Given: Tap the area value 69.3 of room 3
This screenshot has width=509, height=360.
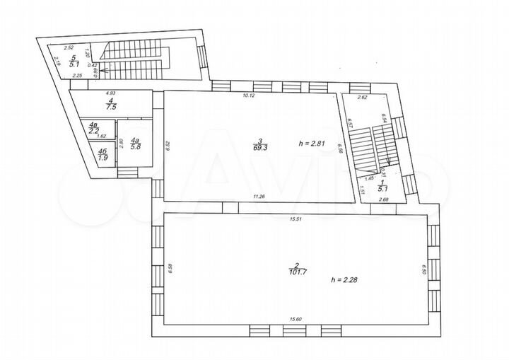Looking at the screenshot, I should click(261, 148).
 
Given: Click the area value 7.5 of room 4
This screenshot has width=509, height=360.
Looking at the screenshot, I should click(110, 108).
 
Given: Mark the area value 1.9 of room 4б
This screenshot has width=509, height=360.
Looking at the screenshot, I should click(103, 156).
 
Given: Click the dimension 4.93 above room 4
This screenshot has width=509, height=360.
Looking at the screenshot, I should click(111, 93).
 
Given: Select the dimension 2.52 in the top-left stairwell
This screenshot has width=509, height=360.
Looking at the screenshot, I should click(69, 48).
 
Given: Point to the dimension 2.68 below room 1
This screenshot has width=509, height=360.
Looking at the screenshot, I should click(382, 201).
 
